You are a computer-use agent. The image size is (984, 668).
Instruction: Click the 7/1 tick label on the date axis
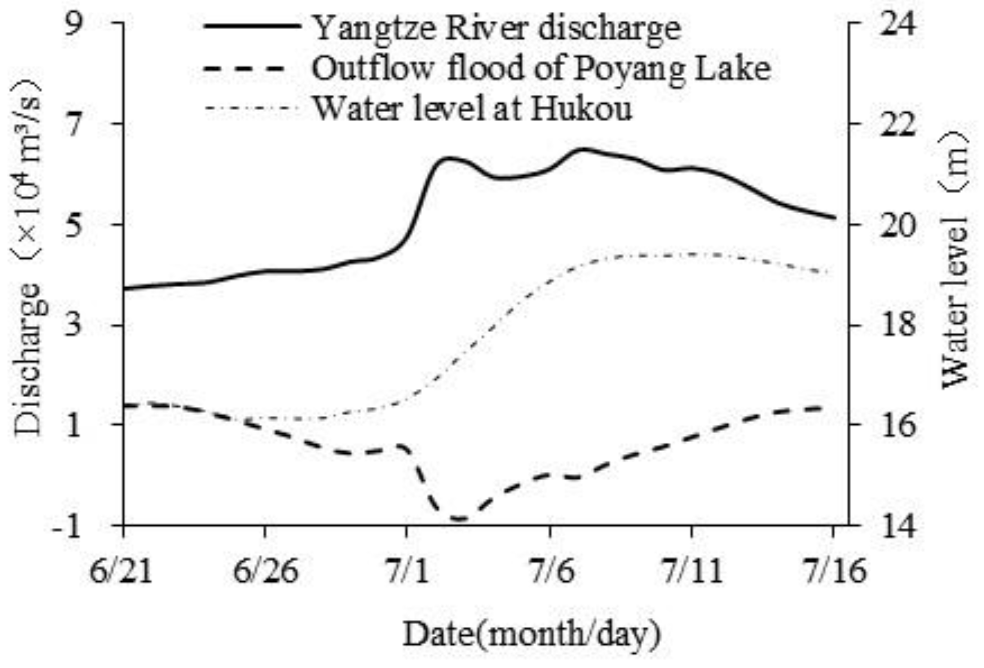[407, 571]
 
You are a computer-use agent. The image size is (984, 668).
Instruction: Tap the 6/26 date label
[266, 571]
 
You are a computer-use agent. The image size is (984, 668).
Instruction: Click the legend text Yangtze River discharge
[496, 28]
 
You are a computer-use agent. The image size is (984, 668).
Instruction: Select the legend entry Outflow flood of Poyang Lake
[541, 68]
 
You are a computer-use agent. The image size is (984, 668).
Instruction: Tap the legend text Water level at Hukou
[472, 108]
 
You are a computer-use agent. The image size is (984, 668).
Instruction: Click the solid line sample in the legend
[252, 26]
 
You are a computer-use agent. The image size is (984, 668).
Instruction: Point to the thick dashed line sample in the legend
[245, 69]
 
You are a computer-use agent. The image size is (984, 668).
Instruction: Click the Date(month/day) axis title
[531, 634]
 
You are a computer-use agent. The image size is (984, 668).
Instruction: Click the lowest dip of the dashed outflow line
[460, 519]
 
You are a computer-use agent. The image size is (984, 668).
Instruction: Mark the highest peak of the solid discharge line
[582, 149]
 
